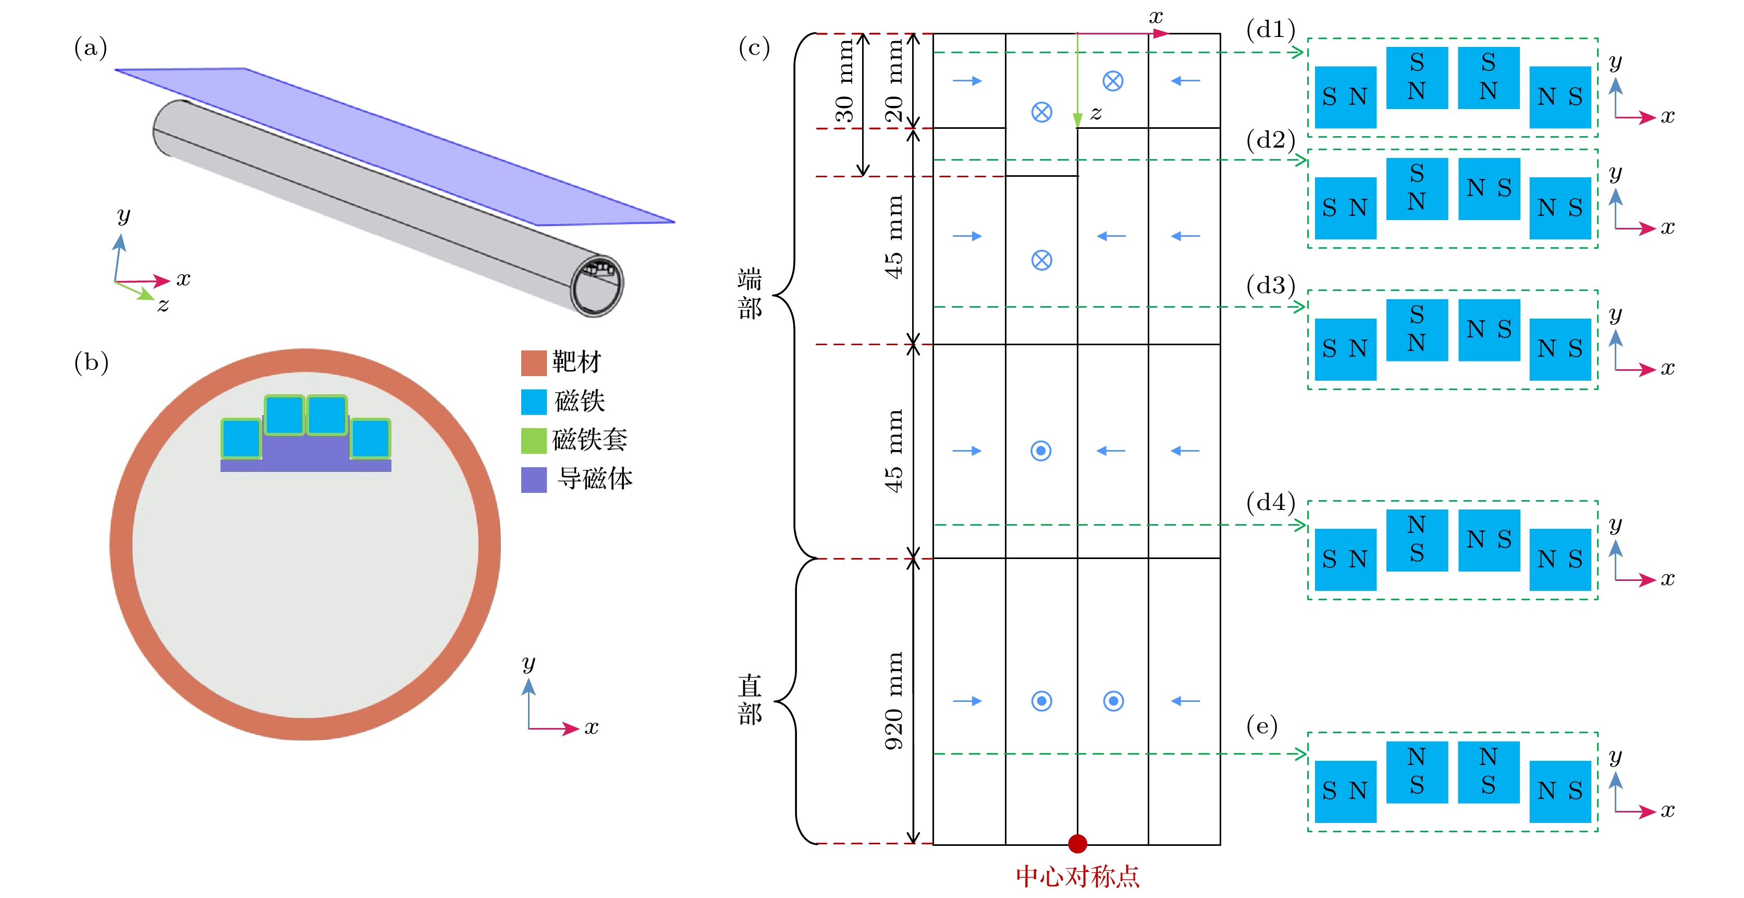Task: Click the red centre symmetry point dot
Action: pyautogui.click(x=1077, y=843)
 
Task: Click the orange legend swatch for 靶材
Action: pyautogui.click(x=534, y=362)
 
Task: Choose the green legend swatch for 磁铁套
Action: pyautogui.click(x=534, y=440)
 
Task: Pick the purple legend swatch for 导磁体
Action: pyautogui.click(x=534, y=479)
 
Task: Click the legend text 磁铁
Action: pyautogui.click(x=580, y=401)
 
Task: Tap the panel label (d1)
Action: pyautogui.click(x=1270, y=29)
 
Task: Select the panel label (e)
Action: pyautogui.click(x=1262, y=726)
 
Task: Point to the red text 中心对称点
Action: pyautogui.click(x=1077, y=876)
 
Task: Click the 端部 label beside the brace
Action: pyautogui.click(x=750, y=293)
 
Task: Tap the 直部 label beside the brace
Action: pyautogui.click(x=750, y=699)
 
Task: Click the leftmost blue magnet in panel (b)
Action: pyautogui.click(x=241, y=438)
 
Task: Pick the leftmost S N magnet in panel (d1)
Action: pyautogui.click(x=1345, y=97)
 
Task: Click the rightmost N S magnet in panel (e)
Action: pyautogui.click(x=1560, y=791)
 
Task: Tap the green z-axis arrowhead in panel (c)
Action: pyautogui.click(x=1077, y=120)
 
